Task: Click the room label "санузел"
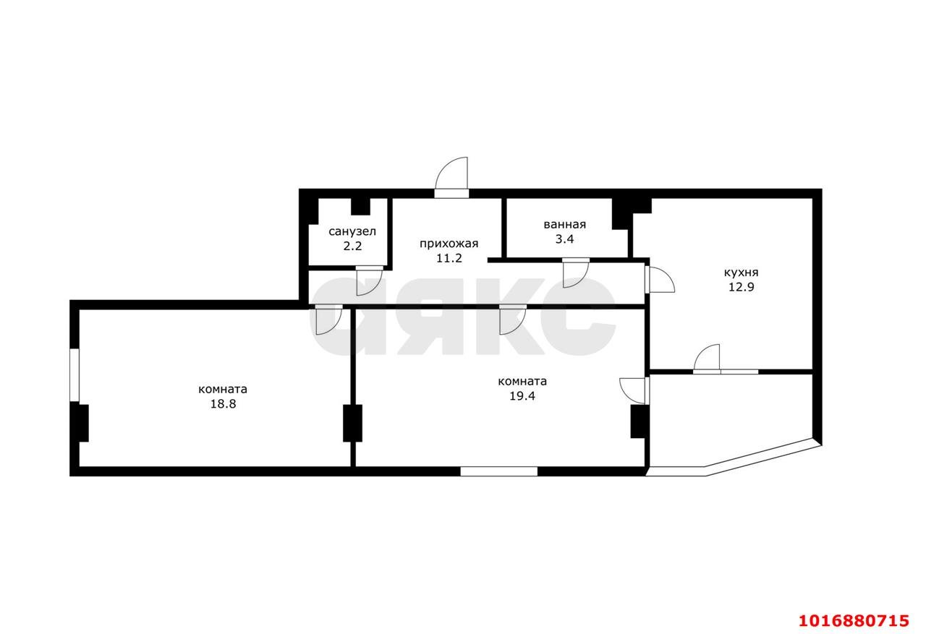[x=352, y=231]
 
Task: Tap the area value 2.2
[x=352, y=246]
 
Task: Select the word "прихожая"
[x=449, y=244]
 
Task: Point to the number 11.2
[x=450, y=258]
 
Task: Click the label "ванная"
[x=564, y=224]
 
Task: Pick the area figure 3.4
[x=564, y=239]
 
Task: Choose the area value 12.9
[x=741, y=286]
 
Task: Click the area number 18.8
[x=223, y=404]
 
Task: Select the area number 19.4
[x=522, y=396]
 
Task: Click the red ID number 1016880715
[x=853, y=620]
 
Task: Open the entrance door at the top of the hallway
[x=452, y=177]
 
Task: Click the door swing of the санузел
[x=368, y=281]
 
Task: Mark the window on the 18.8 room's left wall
[x=75, y=374]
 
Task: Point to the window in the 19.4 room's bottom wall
[x=498, y=471]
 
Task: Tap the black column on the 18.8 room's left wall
[x=82, y=423]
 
